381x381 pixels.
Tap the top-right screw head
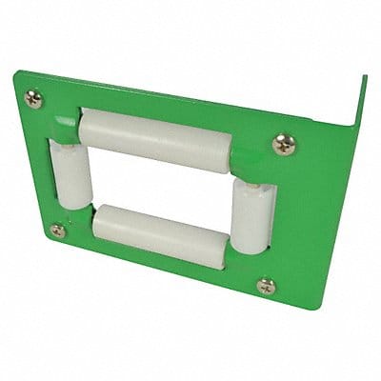pos(283,144)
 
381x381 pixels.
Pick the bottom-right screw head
pos(266,285)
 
